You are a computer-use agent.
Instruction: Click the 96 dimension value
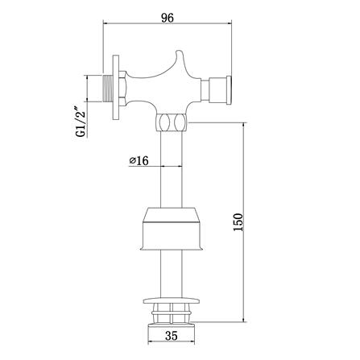(168, 18)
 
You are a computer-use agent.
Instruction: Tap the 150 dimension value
(238, 222)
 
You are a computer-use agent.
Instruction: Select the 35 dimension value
(172, 336)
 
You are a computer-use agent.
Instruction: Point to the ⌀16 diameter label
(139, 161)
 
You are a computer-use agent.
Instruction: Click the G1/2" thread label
(81, 122)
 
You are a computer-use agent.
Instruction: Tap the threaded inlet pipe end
(108, 88)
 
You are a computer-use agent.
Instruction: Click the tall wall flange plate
(116, 88)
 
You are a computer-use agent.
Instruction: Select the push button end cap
(230, 90)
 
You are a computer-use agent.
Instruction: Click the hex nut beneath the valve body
(172, 122)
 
